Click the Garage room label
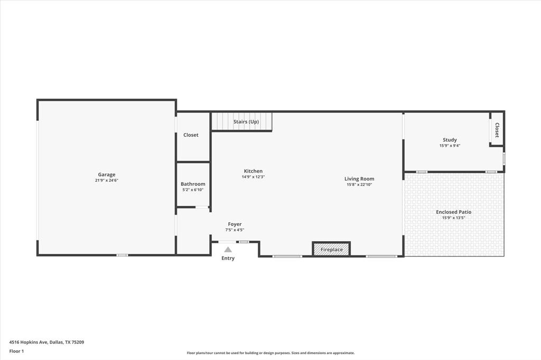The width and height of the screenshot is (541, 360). click(106, 175)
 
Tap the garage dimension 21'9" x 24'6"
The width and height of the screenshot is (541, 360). click(106, 181)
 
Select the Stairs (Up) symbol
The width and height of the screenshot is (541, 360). click(241, 121)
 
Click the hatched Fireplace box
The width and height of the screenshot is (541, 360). click(331, 249)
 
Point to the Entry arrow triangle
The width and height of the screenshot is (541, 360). click(228, 250)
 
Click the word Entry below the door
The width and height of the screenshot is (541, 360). click(228, 258)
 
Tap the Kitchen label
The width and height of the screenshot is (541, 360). click(253, 171)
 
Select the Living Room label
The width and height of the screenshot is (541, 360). click(359, 179)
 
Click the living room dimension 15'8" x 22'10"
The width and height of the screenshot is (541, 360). click(359, 185)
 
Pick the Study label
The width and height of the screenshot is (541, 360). click(450, 140)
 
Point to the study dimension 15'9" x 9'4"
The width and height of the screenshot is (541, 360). click(450, 146)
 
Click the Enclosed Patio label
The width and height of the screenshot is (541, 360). click(453, 212)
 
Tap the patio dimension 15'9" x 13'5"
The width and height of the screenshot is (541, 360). click(453, 217)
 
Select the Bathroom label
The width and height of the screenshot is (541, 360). click(193, 184)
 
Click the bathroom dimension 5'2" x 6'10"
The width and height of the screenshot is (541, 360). click(193, 190)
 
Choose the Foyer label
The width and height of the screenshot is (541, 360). click(235, 224)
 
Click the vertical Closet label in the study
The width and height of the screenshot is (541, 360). click(497, 130)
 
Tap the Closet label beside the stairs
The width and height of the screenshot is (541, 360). click(191, 135)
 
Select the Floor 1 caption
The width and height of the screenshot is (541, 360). click(16, 351)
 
